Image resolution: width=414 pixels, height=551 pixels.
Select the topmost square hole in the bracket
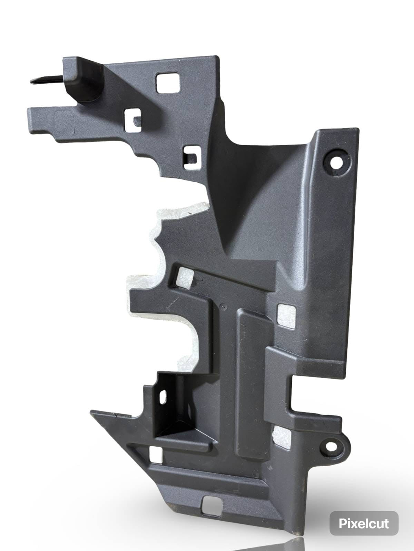pos(168,83)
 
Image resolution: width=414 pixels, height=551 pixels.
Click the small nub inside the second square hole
pos(137,122)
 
